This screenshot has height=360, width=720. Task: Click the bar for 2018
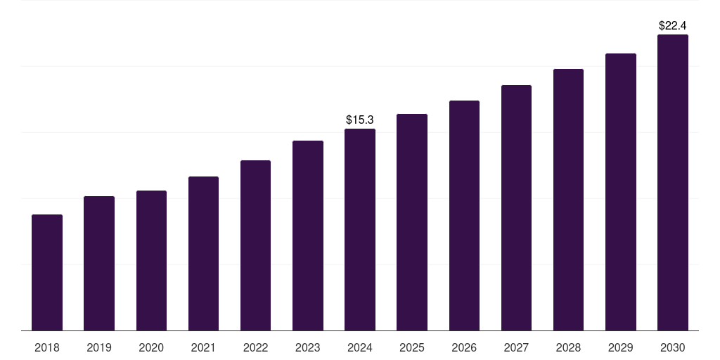(47, 273)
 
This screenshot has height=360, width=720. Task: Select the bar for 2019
(99, 264)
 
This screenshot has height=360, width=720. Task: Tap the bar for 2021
(203, 254)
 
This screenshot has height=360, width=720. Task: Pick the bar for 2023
(308, 236)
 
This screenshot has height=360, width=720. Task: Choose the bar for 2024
(360, 230)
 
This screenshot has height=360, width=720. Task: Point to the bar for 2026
(464, 216)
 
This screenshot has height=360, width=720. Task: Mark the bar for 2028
(568, 200)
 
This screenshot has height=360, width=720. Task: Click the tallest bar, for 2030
(673, 183)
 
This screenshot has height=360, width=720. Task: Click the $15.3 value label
(360, 120)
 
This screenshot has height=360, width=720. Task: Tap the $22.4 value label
(673, 25)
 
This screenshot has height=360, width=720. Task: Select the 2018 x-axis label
(47, 347)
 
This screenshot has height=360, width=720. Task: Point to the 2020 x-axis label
(151, 347)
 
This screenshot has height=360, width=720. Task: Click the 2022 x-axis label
(256, 347)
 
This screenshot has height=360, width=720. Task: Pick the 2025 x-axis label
(412, 347)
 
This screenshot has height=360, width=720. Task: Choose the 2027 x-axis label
(516, 347)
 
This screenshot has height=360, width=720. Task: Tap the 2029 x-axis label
(621, 347)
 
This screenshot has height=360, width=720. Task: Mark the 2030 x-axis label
(673, 347)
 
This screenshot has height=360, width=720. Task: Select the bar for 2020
(151, 261)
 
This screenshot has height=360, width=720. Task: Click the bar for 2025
(412, 222)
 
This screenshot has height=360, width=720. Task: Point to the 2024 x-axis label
(360, 347)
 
